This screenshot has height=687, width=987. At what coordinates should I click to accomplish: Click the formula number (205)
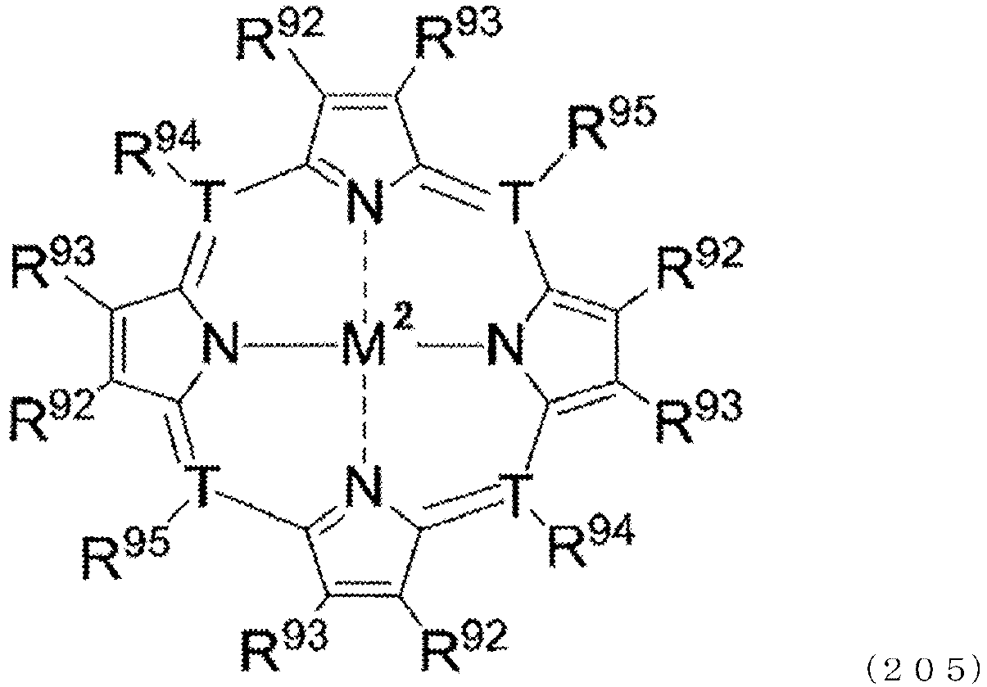924,668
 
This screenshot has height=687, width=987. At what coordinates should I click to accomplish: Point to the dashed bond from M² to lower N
364,415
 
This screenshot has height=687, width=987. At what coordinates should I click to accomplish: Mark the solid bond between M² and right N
450,345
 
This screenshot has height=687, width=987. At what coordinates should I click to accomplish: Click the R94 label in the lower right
591,540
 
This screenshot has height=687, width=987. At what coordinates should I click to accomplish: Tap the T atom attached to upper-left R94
208,200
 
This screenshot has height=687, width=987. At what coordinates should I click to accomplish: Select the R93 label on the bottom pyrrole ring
285,645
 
